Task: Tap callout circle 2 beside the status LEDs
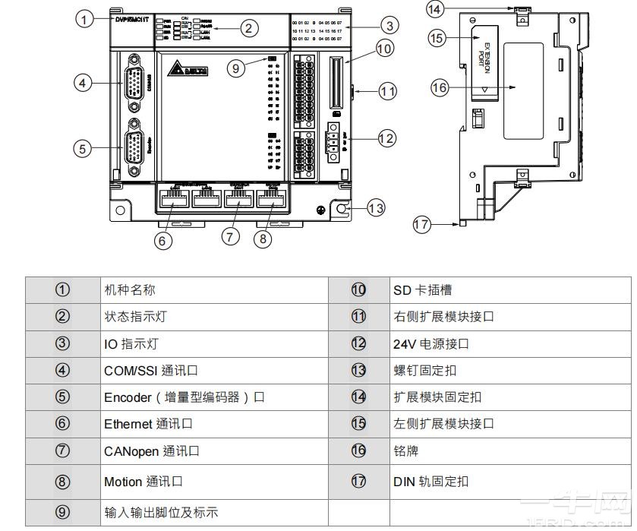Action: [x=248, y=29]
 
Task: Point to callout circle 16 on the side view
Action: [x=440, y=87]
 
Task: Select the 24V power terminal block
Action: [x=333, y=144]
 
